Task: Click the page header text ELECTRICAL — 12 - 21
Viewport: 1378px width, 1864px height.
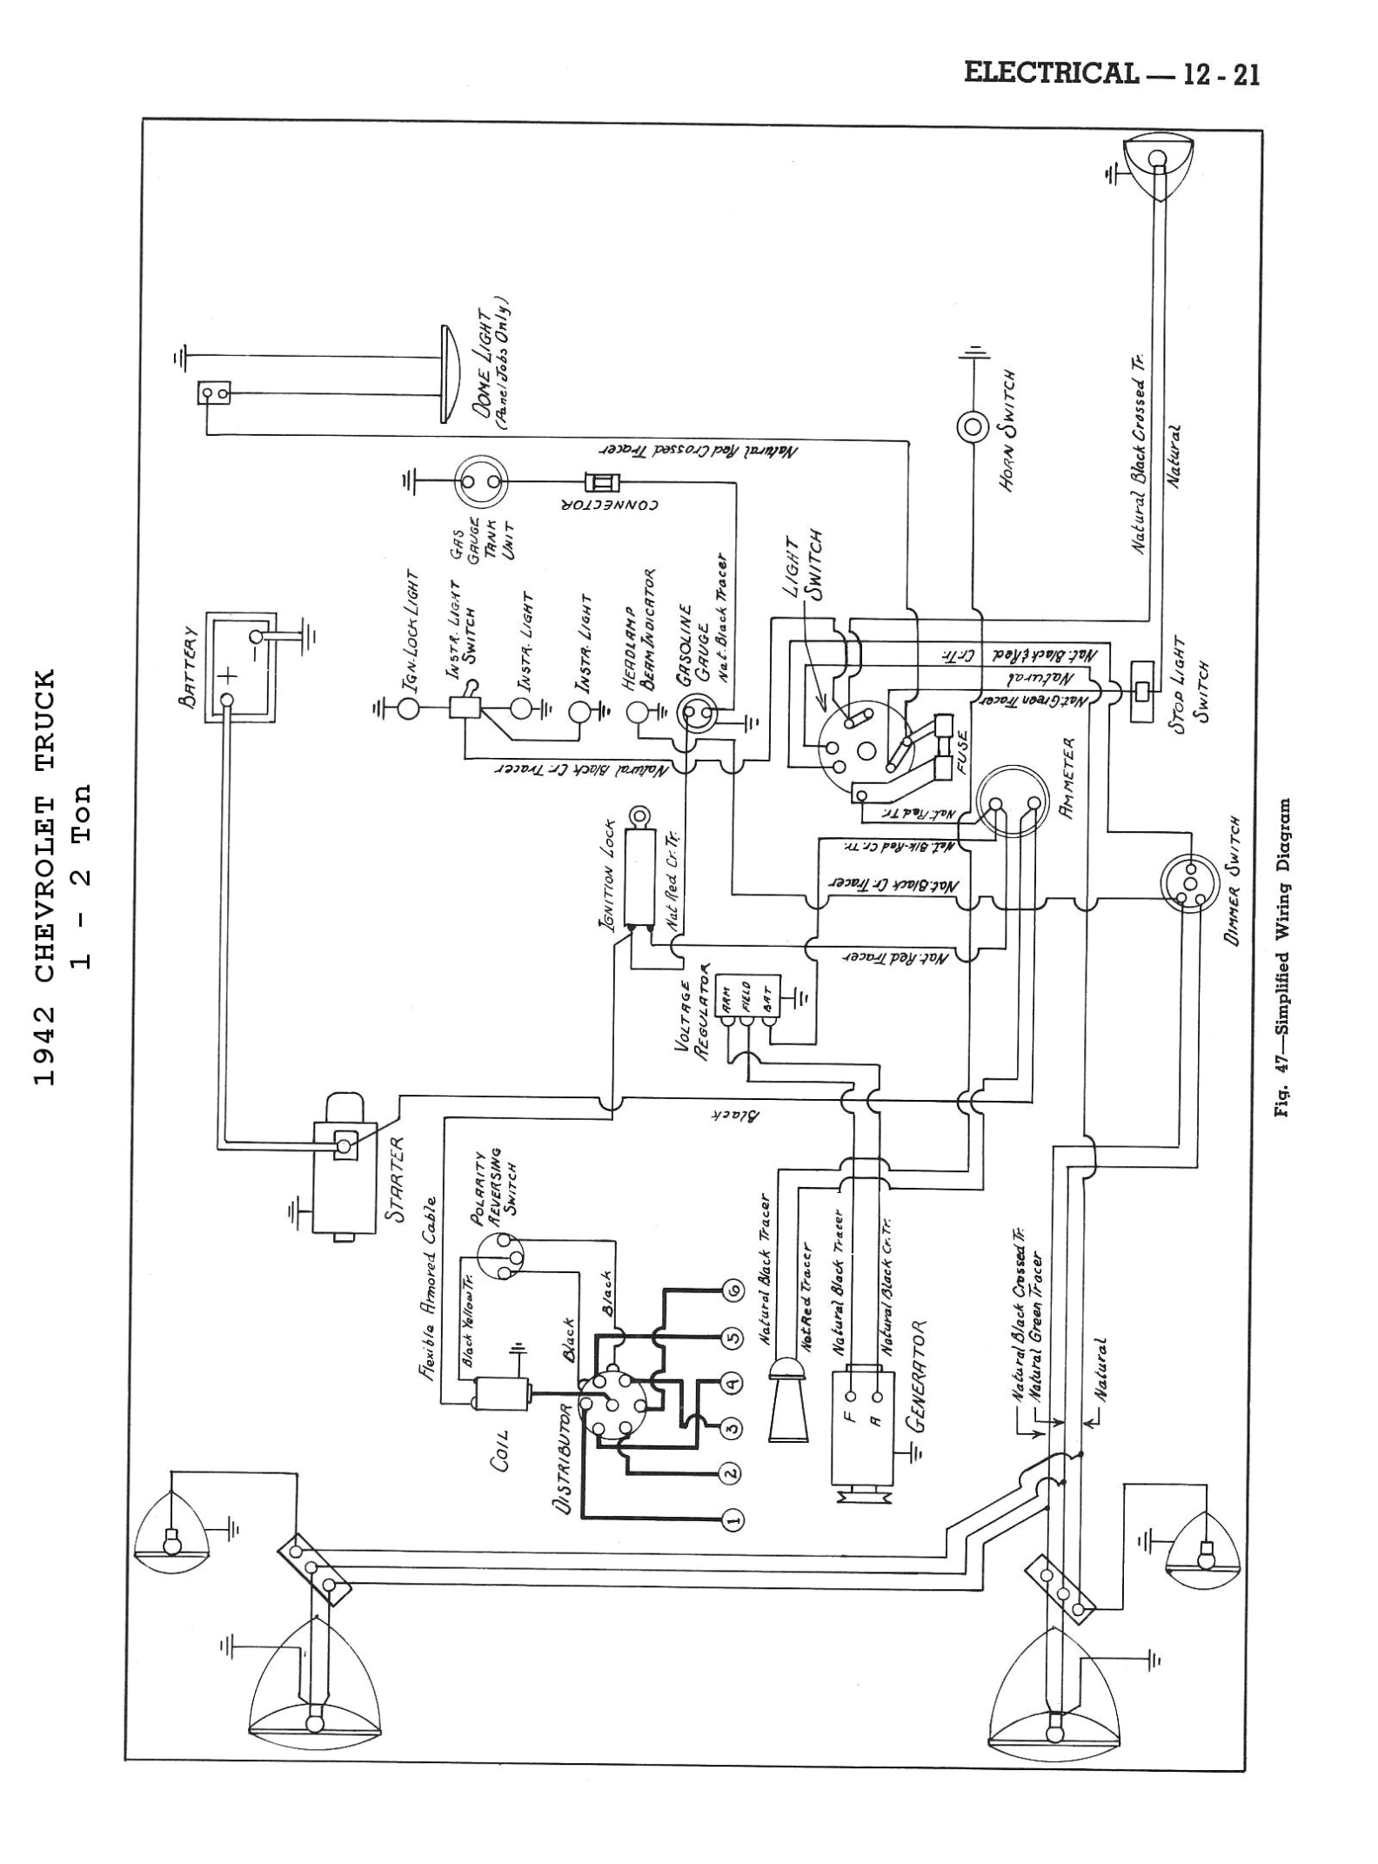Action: point(1111,74)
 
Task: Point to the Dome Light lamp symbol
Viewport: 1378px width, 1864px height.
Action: point(449,375)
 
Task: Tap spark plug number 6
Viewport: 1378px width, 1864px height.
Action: point(732,1292)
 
